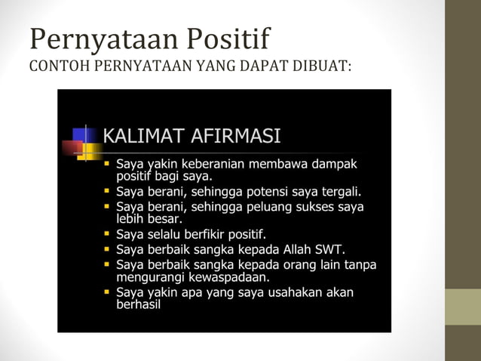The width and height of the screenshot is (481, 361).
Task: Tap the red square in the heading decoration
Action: pyautogui.click(x=72, y=147)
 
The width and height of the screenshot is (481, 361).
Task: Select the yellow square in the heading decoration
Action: pyautogui.click(x=87, y=151)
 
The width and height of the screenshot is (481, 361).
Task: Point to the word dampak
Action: pyautogui.click(x=334, y=163)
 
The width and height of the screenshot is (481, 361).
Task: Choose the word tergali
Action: pyautogui.click(x=341, y=190)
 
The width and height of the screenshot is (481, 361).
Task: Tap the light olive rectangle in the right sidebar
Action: pyautogui.click(x=462, y=307)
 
